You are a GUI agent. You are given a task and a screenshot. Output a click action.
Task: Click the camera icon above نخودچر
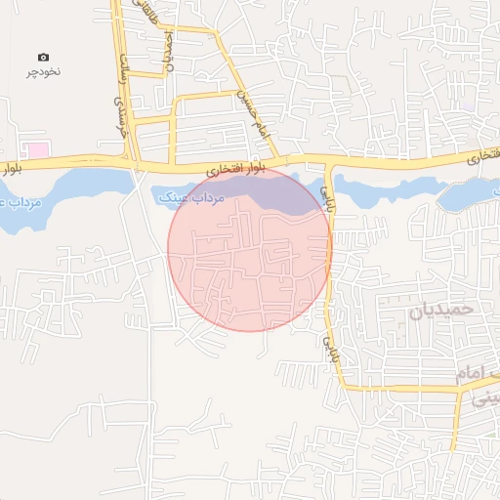[x=43, y=58]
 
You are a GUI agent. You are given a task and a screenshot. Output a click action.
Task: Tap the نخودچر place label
[x=43, y=72]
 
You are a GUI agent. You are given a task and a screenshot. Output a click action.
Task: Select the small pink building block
[x=37, y=150]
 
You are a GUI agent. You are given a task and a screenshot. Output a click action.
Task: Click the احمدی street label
[x=168, y=53]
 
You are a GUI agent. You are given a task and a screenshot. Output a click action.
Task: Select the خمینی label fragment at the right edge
[x=484, y=398]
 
